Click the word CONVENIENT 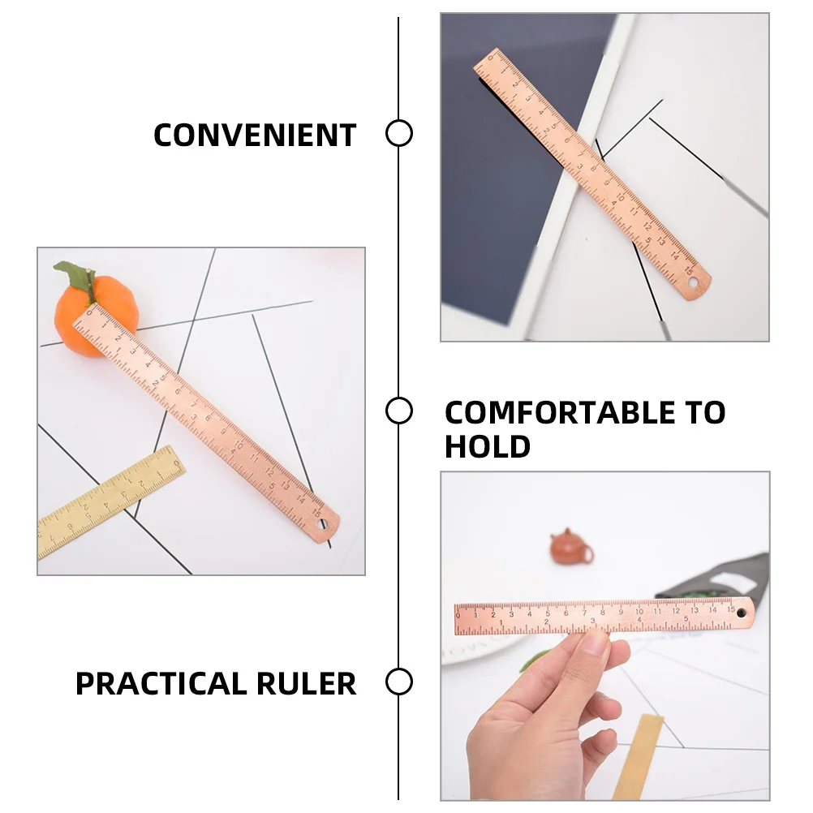pos(255,135)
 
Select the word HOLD pos(487,447)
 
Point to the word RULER pos(306,684)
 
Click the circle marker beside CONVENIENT pos(398,133)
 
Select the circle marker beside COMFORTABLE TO pos(398,411)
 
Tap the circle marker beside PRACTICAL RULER pos(398,682)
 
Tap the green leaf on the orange pos(78,276)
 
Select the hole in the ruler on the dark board pos(694,285)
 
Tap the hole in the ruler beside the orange pos(322,526)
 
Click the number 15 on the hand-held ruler pos(729,609)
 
